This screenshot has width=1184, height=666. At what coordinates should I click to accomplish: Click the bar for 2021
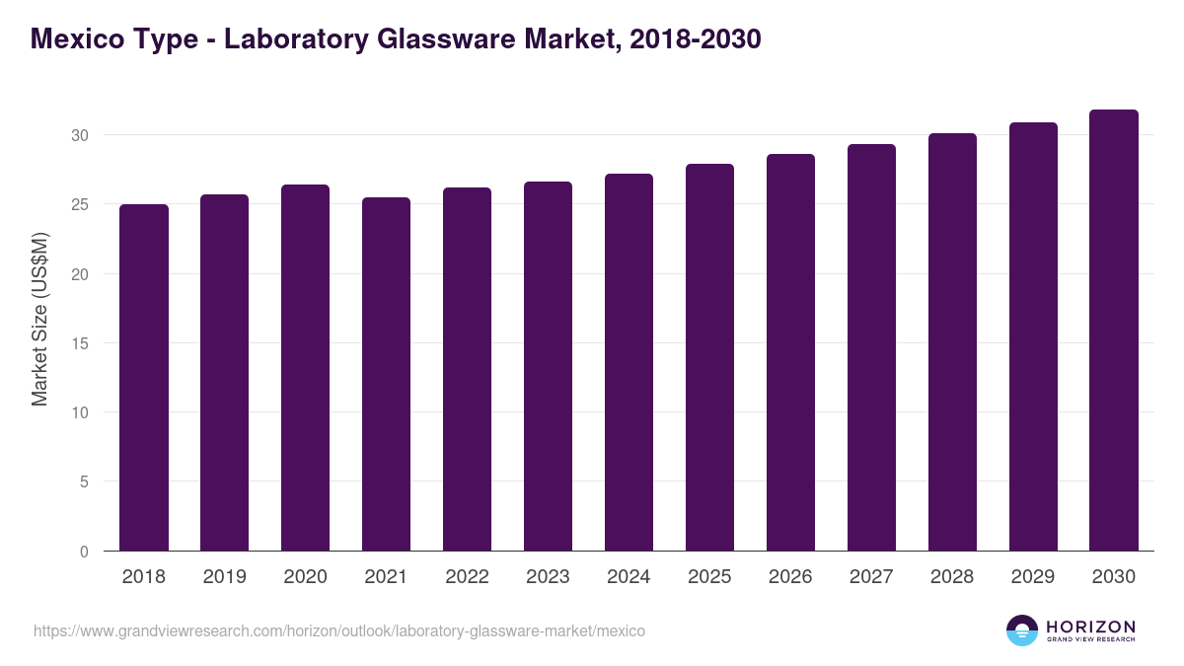point(386,374)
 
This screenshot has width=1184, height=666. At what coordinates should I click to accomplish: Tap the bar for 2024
point(629,362)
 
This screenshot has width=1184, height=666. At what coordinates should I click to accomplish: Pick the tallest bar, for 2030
point(1114,331)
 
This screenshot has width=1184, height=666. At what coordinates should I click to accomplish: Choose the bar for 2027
point(871,347)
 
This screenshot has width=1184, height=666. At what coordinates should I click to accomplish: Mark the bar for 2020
point(305,368)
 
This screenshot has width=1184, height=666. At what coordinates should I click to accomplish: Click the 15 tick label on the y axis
point(81,343)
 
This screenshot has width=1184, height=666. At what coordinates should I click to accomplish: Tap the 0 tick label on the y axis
point(85,552)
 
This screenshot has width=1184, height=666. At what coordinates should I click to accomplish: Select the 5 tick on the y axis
point(85,482)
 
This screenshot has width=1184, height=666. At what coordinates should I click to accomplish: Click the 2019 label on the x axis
point(225,577)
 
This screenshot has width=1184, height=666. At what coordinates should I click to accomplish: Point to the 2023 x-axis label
point(548,577)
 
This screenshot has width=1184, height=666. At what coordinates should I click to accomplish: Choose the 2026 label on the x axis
point(790,577)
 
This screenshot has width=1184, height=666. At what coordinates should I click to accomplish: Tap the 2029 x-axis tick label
point(1033,577)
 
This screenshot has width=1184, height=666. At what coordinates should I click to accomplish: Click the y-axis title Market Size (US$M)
point(39,318)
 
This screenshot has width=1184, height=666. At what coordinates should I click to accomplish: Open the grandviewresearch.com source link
point(339,630)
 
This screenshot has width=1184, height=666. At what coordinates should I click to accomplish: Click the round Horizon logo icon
point(1022,630)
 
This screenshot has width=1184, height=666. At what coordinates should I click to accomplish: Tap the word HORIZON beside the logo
point(1090,626)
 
